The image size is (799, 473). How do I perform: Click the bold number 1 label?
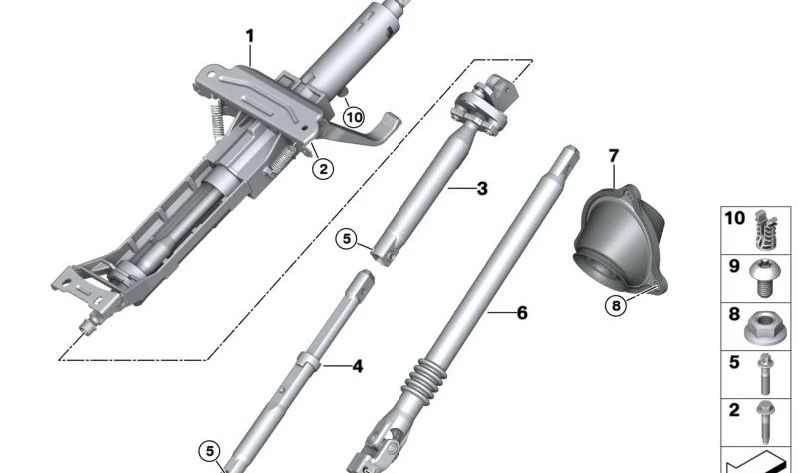(250, 37)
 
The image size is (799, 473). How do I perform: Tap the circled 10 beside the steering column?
(353, 117)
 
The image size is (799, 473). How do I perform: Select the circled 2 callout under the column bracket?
(321, 169)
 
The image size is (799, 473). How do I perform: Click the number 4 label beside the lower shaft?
(357, 366)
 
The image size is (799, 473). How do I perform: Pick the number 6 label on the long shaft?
(521, 313)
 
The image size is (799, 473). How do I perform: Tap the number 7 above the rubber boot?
(613, 155)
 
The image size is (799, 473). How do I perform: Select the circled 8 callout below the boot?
(617, 305)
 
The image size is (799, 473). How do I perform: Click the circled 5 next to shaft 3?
(346, 239)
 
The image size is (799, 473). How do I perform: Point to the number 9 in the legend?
(733, 267)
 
